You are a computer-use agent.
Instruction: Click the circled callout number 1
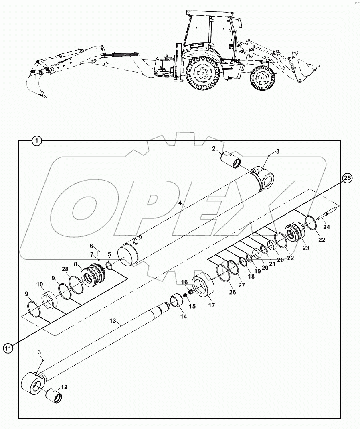[36, 140]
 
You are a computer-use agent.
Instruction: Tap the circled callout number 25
[347, 178]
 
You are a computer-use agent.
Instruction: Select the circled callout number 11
[8, 348]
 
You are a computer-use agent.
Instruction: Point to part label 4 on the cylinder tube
[181, 203]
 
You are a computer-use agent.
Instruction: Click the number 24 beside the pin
[326, 227]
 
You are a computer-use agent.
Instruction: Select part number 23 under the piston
[306, 248]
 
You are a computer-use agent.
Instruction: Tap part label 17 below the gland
[211, 305]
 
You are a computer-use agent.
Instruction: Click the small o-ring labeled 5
[109, 266]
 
